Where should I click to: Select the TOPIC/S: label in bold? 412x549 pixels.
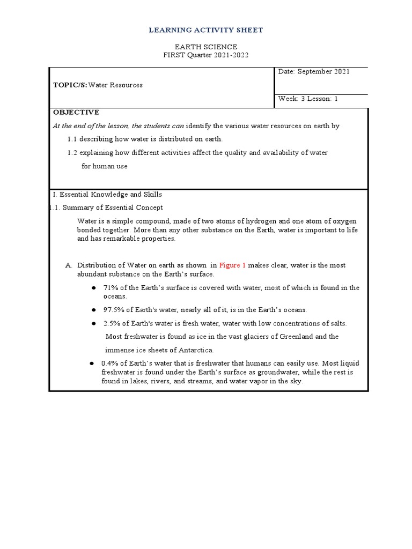pos(70,85)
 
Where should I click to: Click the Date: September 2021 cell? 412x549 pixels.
pos(313,71)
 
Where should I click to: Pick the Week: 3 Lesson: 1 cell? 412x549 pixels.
pos(308,99)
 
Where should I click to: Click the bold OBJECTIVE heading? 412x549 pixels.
pos(76,112)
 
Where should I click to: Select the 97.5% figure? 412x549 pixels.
pos(112,310)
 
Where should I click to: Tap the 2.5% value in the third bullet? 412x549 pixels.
pos(110,323)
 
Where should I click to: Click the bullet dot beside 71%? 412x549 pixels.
pos(93,288)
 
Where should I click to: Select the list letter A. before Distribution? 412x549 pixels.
pos(68,265)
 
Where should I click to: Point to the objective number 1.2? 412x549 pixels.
pos(73,153)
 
